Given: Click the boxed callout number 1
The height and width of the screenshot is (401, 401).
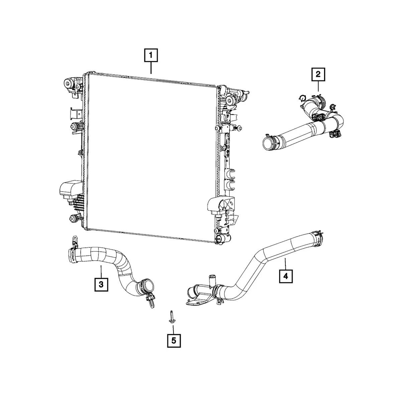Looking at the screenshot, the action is (151, 55).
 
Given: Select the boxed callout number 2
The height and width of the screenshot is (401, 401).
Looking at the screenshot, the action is (318, 74).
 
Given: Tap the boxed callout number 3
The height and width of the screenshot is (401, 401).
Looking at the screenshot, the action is (101, 284).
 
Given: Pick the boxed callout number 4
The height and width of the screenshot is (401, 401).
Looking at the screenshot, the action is (286, 276).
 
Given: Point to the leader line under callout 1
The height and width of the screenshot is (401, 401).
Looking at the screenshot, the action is (151, 68).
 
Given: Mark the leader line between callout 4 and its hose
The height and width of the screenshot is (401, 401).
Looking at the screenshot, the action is (285, 264).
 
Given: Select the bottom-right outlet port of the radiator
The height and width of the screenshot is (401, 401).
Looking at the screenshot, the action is (223, 239).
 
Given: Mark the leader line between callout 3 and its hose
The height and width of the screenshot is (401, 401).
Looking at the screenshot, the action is (101, 272).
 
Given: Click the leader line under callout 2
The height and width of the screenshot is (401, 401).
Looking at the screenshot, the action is (318, 86).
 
